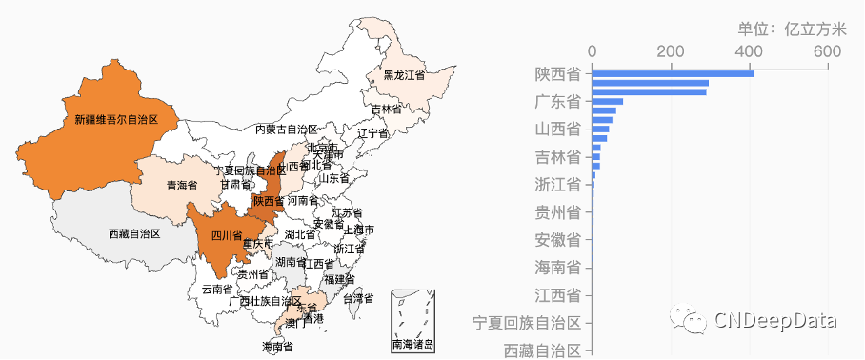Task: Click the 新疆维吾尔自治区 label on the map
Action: coord(115,120)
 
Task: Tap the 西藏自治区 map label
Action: coord(134,233)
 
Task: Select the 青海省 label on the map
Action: coord(181,185)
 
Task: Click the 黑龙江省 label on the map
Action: coord(404,74)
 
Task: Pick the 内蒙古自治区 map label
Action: coord(286,129)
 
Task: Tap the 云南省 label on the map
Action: coord(216,288)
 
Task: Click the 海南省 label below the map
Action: coord(277,347)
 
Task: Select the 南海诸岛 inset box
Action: coord(412,321)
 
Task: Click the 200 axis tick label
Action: coord(671,50)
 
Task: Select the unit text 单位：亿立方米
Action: coord(785,29)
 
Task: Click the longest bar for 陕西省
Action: coord(673,73)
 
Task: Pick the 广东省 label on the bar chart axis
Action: coord(558,101)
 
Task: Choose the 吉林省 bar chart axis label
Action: coord(558,156)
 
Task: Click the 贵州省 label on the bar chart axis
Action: coord(558,211)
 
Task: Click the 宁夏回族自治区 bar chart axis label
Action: coord(528,322)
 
